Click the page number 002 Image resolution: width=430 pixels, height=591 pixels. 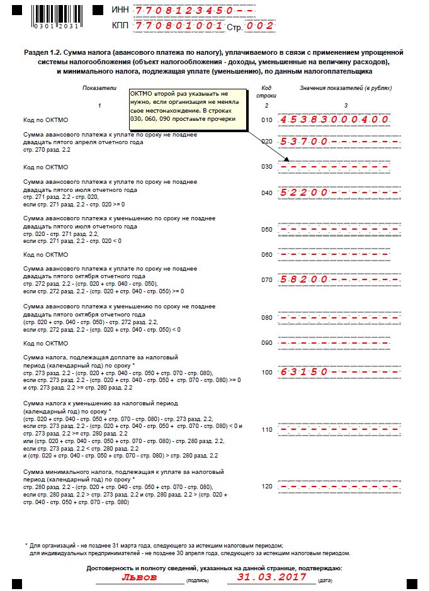click(x=261, y=26)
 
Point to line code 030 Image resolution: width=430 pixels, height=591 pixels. click(x=267, y=167)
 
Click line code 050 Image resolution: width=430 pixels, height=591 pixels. click(x=267, y=230)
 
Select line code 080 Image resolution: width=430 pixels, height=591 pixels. click(x=267, y=318)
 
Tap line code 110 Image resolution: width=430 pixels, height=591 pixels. click(x=267, y=429)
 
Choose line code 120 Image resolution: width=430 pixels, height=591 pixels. click(x=267, y=486)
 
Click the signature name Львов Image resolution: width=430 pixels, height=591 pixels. click(x=140, y=577)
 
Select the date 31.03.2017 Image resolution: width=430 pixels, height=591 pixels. click(x=274, y=577)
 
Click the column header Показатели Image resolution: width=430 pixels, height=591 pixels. click(x=99, y=88)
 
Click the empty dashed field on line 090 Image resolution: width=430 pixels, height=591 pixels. click(x=339, y=344)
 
